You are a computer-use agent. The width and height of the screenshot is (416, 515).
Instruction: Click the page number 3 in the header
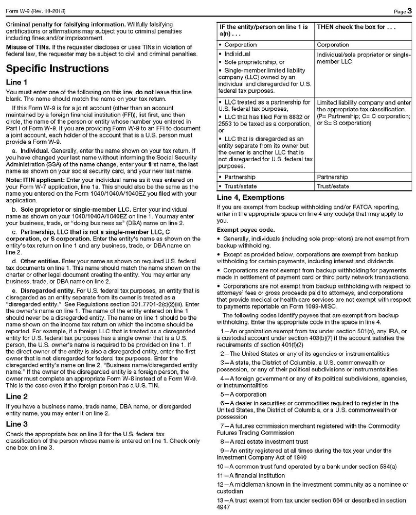tap(410, 10)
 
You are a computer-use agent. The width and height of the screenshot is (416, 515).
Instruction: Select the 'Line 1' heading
tap(16, 82)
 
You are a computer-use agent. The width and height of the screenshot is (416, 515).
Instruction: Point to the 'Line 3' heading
tap(16, 424)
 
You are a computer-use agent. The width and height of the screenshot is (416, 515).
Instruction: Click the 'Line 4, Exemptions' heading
tap(250, 197)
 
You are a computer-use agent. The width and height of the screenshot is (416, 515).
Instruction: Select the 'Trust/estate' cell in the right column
tap(333, 186)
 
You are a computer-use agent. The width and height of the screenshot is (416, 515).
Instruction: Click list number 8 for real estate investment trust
tap(222, 441)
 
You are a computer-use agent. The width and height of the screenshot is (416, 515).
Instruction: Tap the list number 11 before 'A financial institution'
tap(221, 474)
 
